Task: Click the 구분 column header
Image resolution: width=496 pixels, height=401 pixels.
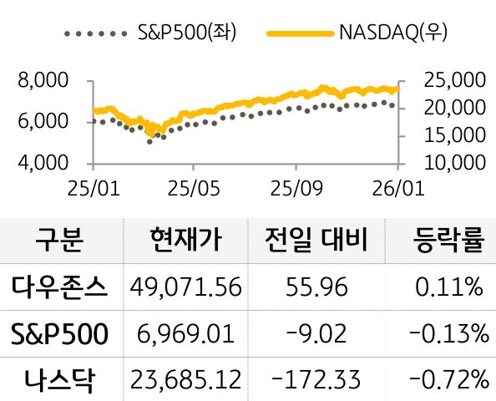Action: point(60,241)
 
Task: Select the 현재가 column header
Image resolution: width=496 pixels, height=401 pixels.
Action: point(185,241)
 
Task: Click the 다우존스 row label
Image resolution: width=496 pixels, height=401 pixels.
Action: point(60,288)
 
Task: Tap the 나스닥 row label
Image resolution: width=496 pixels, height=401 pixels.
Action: point(60,381)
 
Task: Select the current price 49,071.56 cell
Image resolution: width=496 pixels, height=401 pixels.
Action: point(185,288)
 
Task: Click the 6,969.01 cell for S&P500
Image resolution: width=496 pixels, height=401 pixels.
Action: point(185,335)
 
